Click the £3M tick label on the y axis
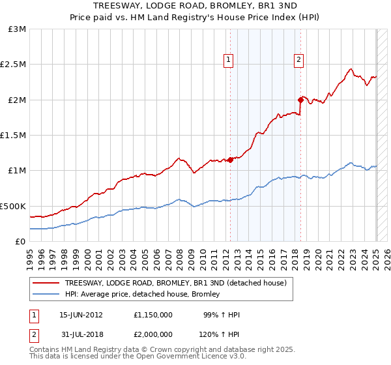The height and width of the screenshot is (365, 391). (x=17, y=29)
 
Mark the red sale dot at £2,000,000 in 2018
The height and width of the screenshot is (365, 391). (x=300, y=100)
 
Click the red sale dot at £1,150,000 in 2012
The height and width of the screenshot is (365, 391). (x=231, y=160)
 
